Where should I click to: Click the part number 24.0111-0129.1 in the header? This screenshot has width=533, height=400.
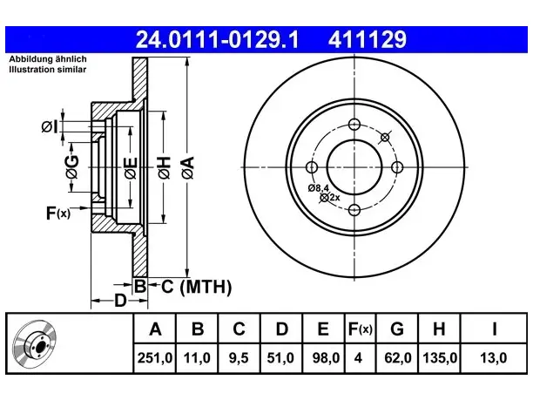pyautogui.click(x=217, y=39)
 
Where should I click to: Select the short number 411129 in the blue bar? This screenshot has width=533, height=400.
pyautogui.click(x=368, y=39)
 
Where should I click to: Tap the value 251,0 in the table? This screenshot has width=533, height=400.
pyautogui.click(x=155, y=358)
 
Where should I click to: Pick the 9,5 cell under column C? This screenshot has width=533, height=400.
pyautogui.click(x=239, y=358)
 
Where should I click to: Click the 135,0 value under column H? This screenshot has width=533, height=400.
pyautogui.click(x=440, y=358)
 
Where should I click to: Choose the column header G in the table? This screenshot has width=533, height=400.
pyautogui.click(x=397, y=329)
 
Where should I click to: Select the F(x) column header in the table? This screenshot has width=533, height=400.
pyautogui.click(x=361, y=329)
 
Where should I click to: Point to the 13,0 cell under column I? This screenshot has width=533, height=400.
pyautogui.click(x=493, y=358)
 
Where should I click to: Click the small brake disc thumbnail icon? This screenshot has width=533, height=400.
pyautogui.click(x=35, y=343)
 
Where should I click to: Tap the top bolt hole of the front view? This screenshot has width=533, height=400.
pyautogui.click(x=354, y=124)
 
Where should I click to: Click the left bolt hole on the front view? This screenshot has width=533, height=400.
pyautogui.click(x=312, y=167)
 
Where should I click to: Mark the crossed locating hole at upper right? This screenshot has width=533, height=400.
pyautogui.click(x=385, y=138)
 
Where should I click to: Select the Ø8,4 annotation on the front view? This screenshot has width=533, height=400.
pyautogui.click(x=319, y=187)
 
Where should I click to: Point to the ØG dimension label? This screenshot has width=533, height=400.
pyautogui.click(x=72, y=167)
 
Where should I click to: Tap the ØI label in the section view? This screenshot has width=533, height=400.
pyautogui.click(x=50, y=127)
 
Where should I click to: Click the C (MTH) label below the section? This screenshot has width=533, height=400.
pyautogui.click(x=196, y=287)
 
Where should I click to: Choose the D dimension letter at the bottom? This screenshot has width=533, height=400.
pyautogui.click(x=120, y=301)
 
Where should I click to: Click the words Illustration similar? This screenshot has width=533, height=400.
pyautogui.click(x=48, y=70)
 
